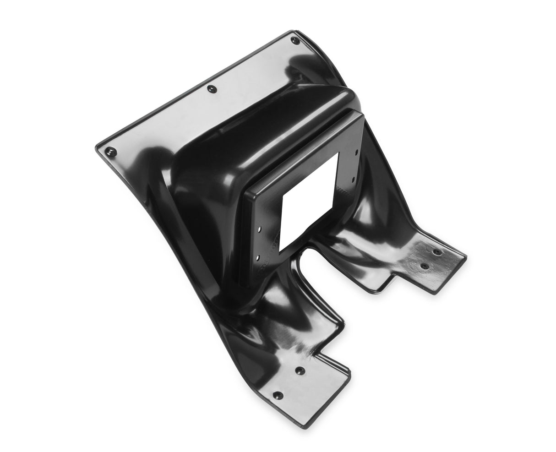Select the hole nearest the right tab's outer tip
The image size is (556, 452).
(437, 252)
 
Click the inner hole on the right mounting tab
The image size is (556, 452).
(425, 266)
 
